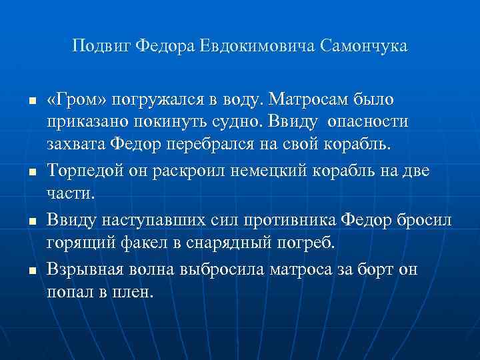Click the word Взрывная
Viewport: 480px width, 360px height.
81,269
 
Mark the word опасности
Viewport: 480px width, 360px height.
367,123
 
